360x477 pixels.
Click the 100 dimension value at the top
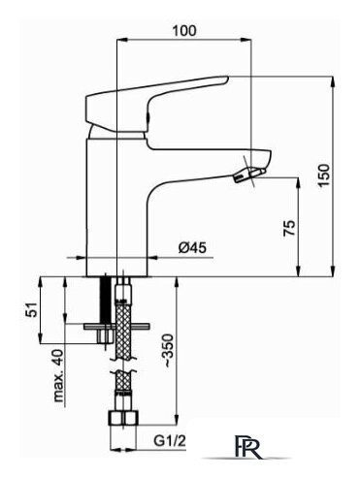[184, 30]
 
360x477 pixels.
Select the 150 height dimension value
[324, 175]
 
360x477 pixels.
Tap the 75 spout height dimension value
[289, 228]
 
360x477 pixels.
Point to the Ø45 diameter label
[192, 248]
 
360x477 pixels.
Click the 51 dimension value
[32, 309]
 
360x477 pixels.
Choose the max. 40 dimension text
[58, 376]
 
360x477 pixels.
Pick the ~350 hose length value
[169, 351]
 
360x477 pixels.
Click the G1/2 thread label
[170, 440]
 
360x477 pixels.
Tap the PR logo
[247, 447]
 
